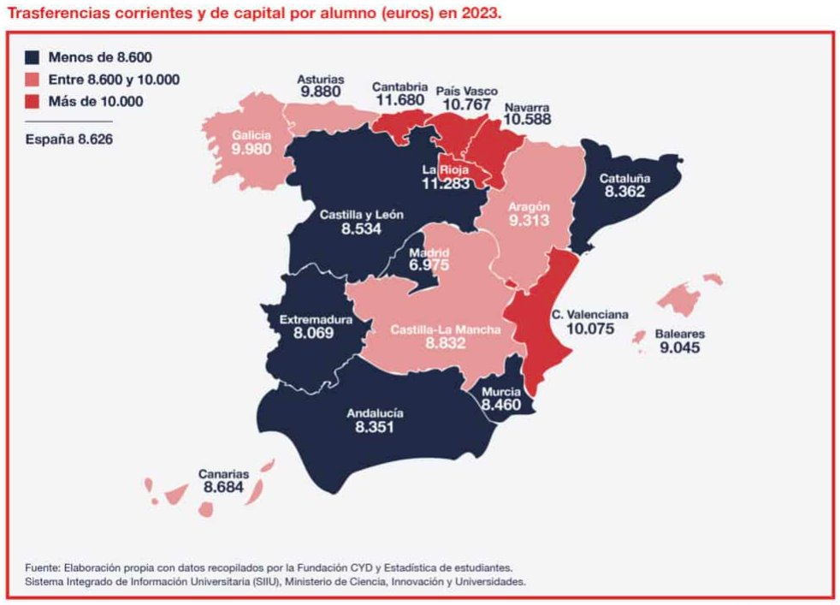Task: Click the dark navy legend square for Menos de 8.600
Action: [x=33, y=58]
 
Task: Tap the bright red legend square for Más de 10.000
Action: [x=33, y=101]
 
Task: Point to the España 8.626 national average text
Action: [x=68, y=139]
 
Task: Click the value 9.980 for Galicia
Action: [x=251, y=149]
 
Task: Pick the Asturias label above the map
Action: [x=320, y=78]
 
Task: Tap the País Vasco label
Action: [x=466, y=90]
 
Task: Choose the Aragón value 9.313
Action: [x=528, y=221]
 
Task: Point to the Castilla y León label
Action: [x=361, y=215]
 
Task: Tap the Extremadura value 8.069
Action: [x=316, y=333]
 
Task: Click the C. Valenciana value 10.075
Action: [x=589, y=328]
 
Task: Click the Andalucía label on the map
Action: [x=375, y=413]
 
